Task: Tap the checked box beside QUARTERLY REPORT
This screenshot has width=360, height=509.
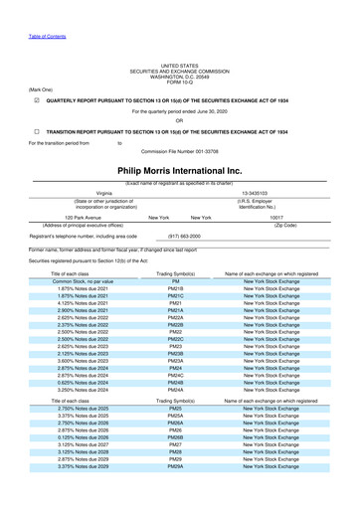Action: [36, 100]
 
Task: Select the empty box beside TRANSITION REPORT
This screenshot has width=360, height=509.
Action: [36, 131]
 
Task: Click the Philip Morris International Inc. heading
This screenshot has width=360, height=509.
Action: [179, 171]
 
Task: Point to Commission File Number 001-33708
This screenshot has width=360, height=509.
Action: [179, 152]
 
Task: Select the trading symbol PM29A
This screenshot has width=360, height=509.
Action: [175, 465]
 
